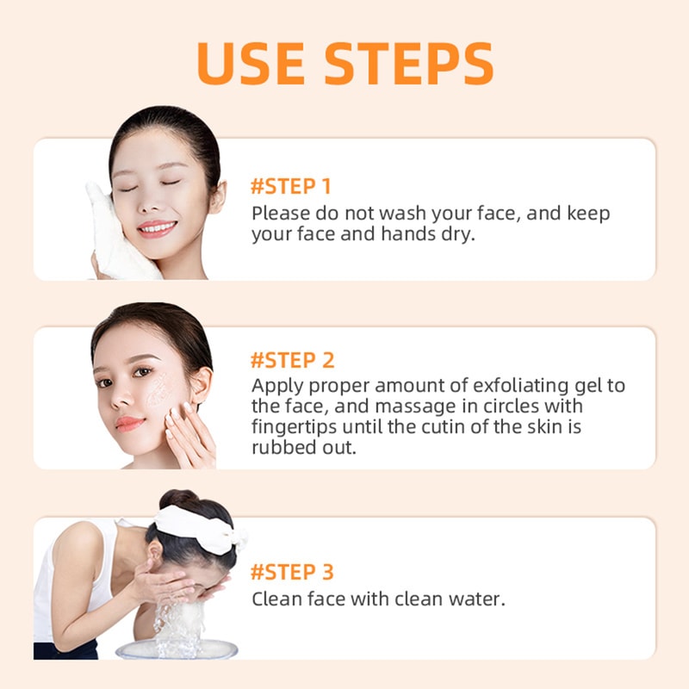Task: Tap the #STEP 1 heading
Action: [x=290, y=186]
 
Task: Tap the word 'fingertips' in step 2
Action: [x=296, y=427]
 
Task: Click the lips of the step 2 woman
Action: [x=130, y=423]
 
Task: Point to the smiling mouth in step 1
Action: [x=157, y=228]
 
